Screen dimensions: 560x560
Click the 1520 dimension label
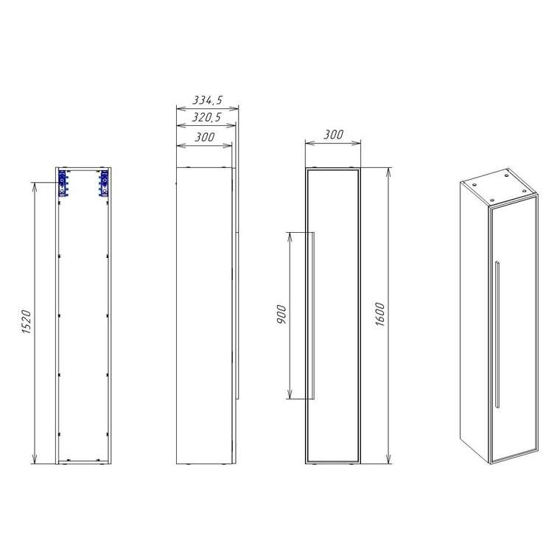coord(27,322)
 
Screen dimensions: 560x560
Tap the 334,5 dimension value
coord(208,100)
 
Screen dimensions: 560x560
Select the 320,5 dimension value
coord(207,117)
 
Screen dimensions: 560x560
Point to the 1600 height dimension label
coord(380,315)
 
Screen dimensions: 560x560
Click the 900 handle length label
coord(281,315)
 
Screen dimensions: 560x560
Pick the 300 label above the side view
coord(205,137)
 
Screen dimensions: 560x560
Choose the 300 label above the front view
coord(334,135)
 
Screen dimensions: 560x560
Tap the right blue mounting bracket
coord(104,183)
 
